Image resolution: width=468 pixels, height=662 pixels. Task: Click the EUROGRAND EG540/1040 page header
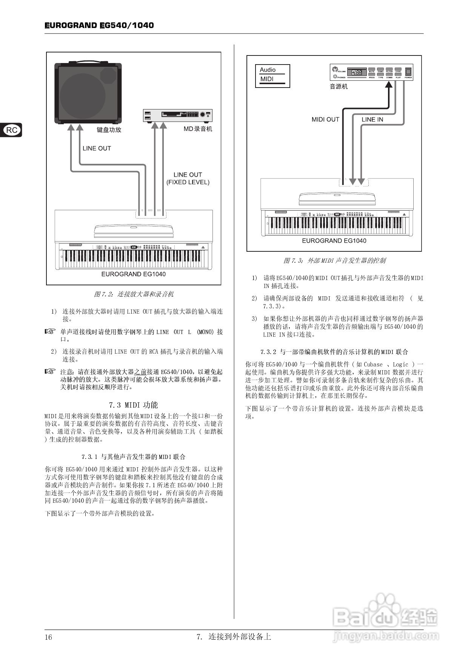[x=99, y=25]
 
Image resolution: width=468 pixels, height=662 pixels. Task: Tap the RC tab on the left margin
[x=12, y=130]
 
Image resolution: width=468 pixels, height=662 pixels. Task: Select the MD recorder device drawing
[x=178, y=115]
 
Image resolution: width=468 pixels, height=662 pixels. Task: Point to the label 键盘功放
[x=109, y=130]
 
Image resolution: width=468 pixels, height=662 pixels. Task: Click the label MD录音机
[x=198, y=129]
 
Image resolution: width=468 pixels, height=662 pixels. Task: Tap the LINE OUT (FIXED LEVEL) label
[x=188, y=179]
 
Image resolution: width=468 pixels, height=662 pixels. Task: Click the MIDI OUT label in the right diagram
[x=325, y=119]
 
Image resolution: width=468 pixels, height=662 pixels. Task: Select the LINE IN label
[x=372, y=119]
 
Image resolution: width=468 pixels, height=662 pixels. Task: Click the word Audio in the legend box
[x=268, y=70]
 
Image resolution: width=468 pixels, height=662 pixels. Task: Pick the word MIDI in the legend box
[x=267, y=79]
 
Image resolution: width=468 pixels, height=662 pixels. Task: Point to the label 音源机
[x=339, y=86]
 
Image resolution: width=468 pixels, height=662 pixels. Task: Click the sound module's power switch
[x=408, y=72]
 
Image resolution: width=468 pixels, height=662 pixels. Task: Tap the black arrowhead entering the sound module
[x=388, y=85]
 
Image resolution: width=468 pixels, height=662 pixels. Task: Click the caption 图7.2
[x=134, y=294]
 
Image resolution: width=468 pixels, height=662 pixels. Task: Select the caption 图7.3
[x=334, y=260]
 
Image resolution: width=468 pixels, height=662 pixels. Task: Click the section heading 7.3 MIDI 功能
[x=134, y=405]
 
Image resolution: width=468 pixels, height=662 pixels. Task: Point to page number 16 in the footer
[x=49, y=637]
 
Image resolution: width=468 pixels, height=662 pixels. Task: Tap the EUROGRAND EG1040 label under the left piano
[x=134, y=274]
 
